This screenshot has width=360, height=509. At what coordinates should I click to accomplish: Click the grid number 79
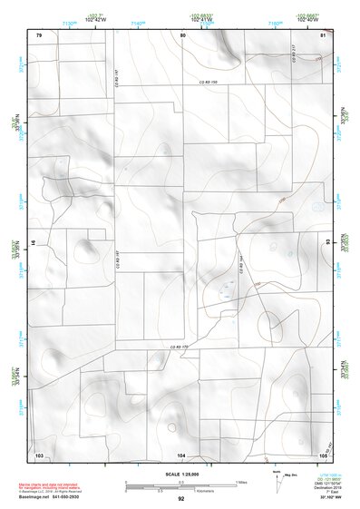(x=39, y=35)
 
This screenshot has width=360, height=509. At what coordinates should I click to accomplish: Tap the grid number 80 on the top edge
(x=182, y=35)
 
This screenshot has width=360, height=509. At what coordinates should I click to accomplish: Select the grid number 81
(x=323, y=35)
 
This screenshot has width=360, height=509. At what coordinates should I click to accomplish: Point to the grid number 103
(x=39, y=454)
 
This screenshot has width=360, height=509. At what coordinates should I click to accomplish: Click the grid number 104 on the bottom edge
(x=181, y=454)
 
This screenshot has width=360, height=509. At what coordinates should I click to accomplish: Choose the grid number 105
(x=322, y=454)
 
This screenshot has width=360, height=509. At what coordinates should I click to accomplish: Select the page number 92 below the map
(x=181, y=499)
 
